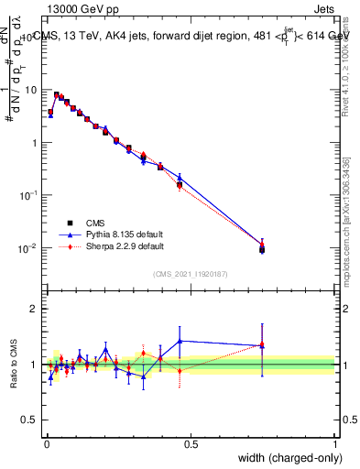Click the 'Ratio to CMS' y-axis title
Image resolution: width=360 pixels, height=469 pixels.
pos(12,364)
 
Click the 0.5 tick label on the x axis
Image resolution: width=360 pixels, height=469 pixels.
pos(191,443)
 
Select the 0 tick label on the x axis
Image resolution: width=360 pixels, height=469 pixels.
pos(47,443)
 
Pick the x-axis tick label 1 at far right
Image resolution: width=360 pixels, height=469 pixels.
pos(335,443)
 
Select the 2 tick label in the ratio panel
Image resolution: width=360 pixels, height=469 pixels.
pos(37,309)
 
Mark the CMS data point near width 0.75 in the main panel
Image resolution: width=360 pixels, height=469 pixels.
pos(262,249)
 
